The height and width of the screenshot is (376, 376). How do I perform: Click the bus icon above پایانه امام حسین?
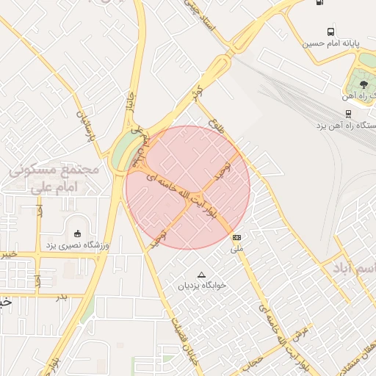point(331,32)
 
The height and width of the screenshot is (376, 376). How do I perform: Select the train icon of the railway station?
point(349,114)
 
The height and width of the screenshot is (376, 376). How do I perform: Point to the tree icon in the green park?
point(364,84)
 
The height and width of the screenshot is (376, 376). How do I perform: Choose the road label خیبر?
point(7,254)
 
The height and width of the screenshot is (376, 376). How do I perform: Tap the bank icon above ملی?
point(236,238)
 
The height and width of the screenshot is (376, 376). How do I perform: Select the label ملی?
point(236,249)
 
